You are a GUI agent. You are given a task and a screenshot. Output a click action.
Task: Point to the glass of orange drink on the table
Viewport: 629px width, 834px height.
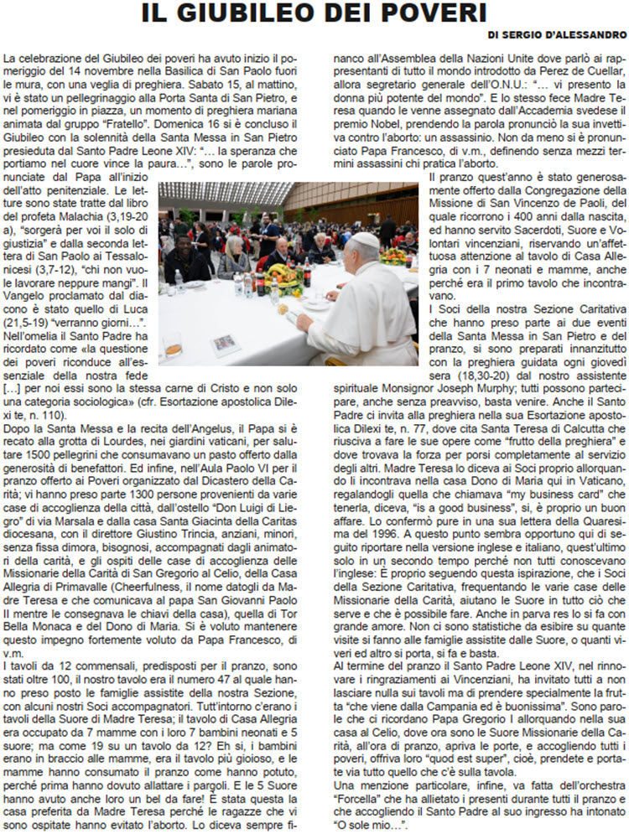click(x=174, y=345)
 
